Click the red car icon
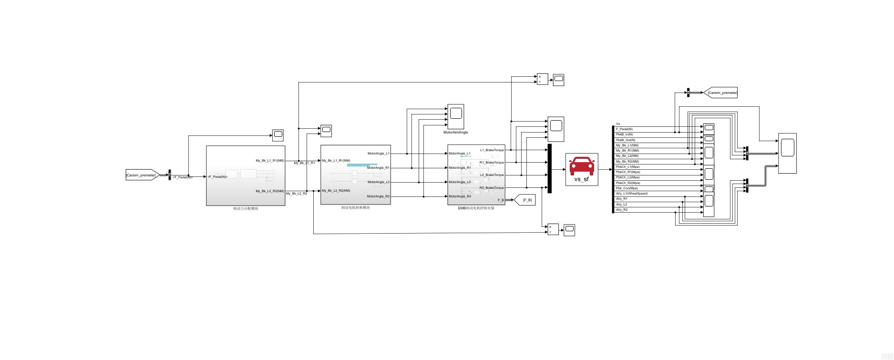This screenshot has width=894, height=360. pyautogui.click(x=582, y=165)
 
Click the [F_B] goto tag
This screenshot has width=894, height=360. pyautogui.click(x=526, y=200)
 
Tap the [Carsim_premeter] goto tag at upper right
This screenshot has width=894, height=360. pyautogui.click(x=722, y=93)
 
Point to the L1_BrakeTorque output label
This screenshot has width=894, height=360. pyautogui.click(x=492, y=150)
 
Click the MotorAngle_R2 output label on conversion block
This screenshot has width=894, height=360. pyautogui.click(x=378, y=196)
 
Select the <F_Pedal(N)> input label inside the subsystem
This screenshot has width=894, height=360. pyautogui.click(x=218, y=177)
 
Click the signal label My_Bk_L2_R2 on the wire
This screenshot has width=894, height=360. pyautogui.click(x=297, y=194)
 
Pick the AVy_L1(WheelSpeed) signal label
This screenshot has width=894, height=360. pyautogui.click(x=631, y=194)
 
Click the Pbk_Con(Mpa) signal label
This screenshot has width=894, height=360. pyautogui.click(x=627, y=188)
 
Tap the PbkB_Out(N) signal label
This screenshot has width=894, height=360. pyautogui.click(x=625, y=140)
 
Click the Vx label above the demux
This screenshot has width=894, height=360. pyautogui.click(x=618, y=124)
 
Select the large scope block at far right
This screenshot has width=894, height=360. pyautogui.click(x=788, y=153)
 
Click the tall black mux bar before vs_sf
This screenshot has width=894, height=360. pyautogui.click(x=550, y=168)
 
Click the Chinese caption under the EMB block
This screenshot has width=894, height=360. pyautogui.click(x=476, y=208)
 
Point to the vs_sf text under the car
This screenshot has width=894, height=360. pyautogui.click(x=581, y=179)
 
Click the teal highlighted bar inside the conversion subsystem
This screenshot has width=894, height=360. pyautogui.click(x=362, y=165)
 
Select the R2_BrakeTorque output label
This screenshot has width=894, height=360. pyautogui.click(x=492, y=188)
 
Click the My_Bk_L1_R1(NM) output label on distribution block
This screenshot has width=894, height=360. pyautogui.click(x=269, y=161)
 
